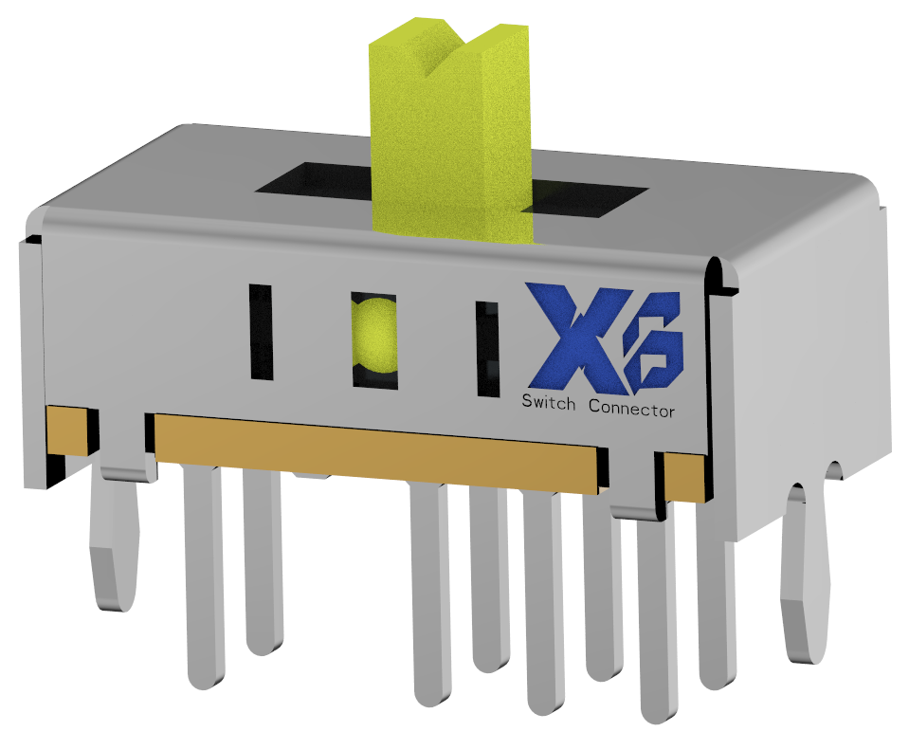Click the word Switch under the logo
(548, 402)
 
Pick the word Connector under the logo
(631, 409)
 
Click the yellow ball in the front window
(373, 336)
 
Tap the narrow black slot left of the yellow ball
(260, 332)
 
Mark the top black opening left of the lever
(313, 182)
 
